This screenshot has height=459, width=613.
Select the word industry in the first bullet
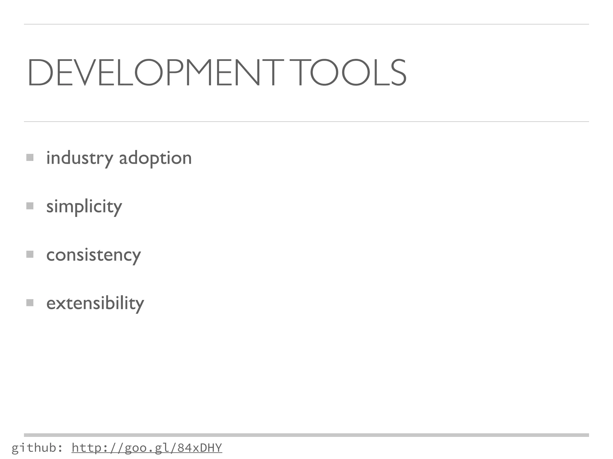click(80, 158)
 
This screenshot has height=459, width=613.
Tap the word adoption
click(155, 158)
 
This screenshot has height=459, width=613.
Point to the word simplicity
click(84, 206)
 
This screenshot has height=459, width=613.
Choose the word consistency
click(93, 255)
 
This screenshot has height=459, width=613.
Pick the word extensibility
click(95, 303)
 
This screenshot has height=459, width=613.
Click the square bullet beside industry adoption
click(30, 157)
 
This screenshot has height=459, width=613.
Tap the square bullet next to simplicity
click(30, 206)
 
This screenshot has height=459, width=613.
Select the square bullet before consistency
click(30, 254)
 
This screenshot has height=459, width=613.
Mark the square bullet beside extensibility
click(30, 303)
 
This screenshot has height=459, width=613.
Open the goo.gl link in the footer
click(147, 448)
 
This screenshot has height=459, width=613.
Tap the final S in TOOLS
click(396, 73)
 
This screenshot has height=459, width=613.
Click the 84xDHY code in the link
click(199, 448)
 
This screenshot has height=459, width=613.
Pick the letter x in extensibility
click(60, 304)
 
